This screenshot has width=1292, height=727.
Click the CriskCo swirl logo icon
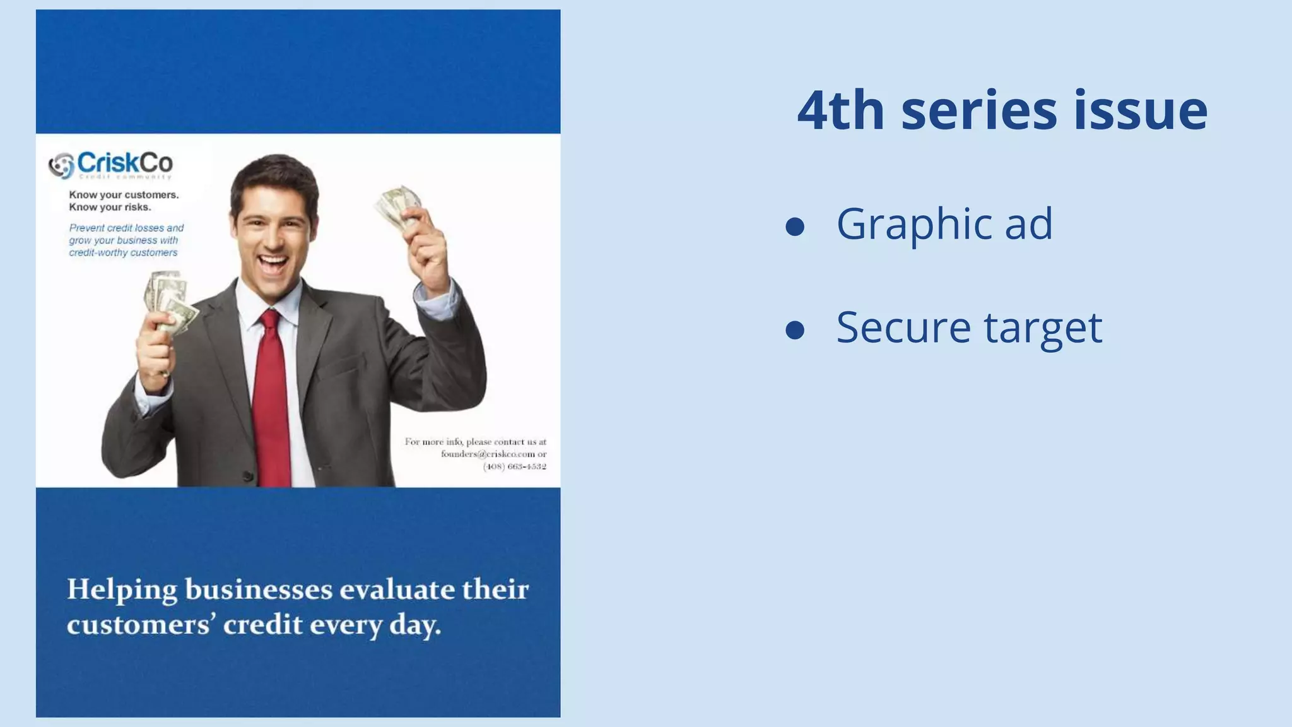click(x=61, y=166)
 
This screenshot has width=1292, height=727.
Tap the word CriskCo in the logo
click(x=124, y=163)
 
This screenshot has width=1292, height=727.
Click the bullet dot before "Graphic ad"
click(x=795, y=227)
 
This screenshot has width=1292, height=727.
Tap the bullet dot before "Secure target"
click(x=795, y=329)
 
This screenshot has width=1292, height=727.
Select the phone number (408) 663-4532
click(x=514, y=466)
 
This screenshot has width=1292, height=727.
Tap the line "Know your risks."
click(x=110, y=207)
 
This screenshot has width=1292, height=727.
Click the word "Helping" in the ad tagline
click(x=122, y=590)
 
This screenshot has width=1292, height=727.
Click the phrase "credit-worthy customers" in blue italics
click(x=123, y=252)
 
